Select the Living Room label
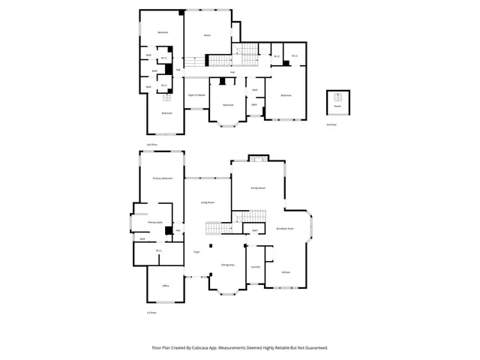pos(208,202)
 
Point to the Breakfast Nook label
pos(285,229)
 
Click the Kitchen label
pos(286,271)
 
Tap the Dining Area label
pos(228,265)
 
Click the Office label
pos(165,286)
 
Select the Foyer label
pos(196,252)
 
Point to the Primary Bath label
pos(154,223)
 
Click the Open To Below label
pos(196,95)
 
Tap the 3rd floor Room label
pos(338,106)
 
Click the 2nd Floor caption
pos(151,143)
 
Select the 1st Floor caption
pos(151,312)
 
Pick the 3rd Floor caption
pos(331,124)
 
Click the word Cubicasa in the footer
pos(201,347)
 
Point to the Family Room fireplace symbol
pos(259,158)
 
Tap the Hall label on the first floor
pos(178,230)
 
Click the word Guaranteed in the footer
pos(314,347)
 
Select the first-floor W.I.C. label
pos(159,250)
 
